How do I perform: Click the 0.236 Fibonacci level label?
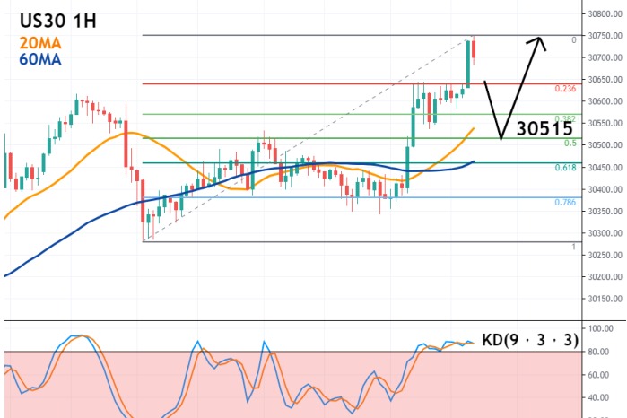(565, 89)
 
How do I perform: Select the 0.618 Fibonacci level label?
(565, 168)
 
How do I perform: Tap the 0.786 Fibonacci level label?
(565, 203)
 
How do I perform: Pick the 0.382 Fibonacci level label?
(565, 118)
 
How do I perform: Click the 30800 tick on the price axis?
(605, 13)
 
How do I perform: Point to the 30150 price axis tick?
(605, 299)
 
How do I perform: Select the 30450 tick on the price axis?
(605, 168)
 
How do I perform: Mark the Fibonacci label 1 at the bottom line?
(573, 246)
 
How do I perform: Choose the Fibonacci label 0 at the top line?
(573, 40)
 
